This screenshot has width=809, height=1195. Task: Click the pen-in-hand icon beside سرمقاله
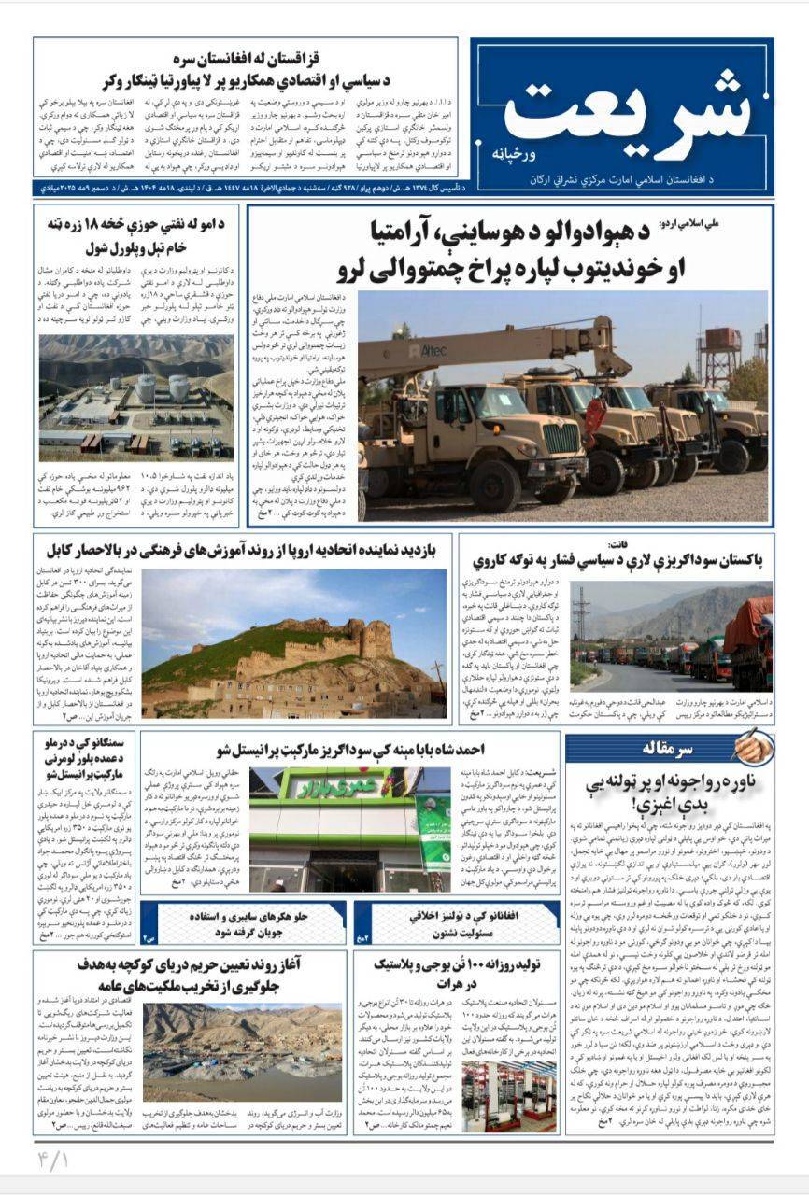753,746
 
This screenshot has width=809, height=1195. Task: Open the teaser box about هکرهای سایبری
243,921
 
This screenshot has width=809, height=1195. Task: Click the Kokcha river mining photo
244,1050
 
